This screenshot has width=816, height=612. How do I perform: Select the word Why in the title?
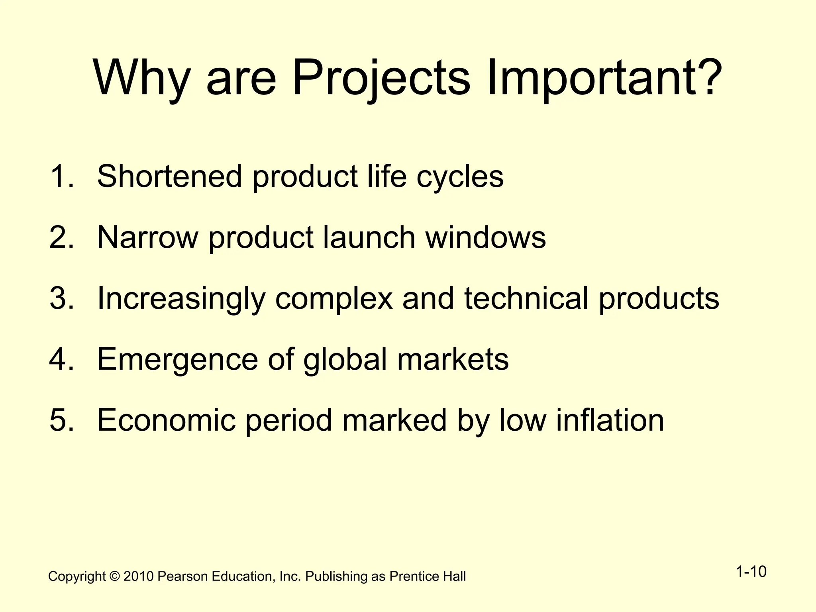(x=141, y=78)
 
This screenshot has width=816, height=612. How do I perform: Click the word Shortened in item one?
(x=169, y=176)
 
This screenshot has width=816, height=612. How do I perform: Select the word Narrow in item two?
(x=147, y=237)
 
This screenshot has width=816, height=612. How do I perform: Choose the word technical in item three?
(x=526, y=298)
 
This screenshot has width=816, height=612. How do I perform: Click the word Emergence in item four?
(x=177, y=359)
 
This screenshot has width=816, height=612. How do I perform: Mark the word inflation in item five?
(x=610, y=420)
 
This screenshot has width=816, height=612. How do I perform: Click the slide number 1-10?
(x=751, y=572)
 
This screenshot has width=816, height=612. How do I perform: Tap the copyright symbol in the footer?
(x=115, y=577)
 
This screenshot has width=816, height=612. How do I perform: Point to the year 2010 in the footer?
(x=138, y=577)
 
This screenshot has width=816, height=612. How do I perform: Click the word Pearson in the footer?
(x=182, y=577)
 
